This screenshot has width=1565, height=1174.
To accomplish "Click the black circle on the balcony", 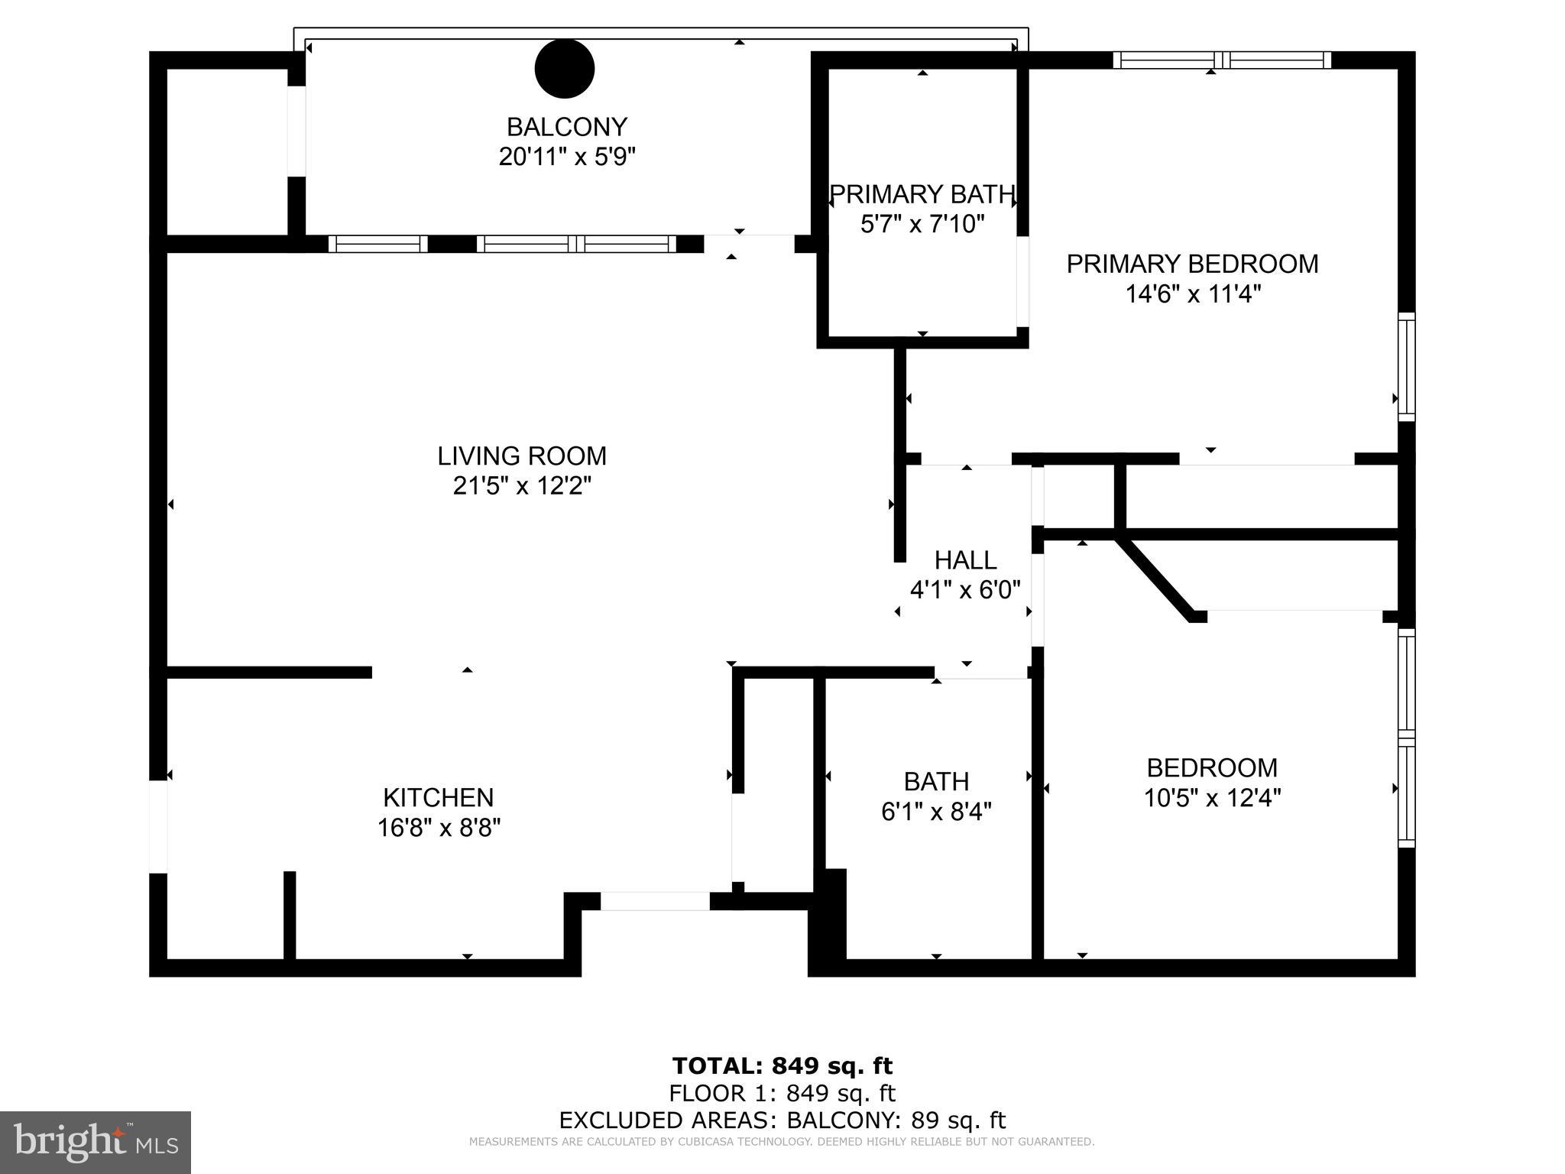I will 564,69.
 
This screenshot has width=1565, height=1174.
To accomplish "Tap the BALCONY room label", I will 566,126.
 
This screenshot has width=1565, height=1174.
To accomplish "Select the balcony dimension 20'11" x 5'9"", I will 566,157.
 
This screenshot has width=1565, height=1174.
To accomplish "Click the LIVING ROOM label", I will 522,456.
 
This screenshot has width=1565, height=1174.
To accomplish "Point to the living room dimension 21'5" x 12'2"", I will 522,485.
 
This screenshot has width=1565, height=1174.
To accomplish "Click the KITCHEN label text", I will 438,797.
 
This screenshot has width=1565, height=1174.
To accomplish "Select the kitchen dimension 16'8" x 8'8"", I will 438,828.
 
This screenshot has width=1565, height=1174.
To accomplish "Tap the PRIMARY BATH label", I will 922,194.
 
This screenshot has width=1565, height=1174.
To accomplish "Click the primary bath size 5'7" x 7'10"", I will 922,224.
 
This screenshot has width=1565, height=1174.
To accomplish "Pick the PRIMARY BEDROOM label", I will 1192,264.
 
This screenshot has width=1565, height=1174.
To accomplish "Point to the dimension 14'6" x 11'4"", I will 1192,293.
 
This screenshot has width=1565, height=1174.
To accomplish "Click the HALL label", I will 965,560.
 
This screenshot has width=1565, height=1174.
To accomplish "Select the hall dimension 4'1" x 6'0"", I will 965,590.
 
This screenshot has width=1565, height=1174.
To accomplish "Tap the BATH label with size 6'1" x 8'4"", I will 936,781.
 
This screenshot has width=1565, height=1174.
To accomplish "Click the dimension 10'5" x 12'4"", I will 1212,798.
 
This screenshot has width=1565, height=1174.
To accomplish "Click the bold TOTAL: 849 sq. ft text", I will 782,1065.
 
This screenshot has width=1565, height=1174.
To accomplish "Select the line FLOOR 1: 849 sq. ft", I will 782,1093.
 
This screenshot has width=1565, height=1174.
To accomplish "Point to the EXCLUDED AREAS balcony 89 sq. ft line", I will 782,1120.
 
